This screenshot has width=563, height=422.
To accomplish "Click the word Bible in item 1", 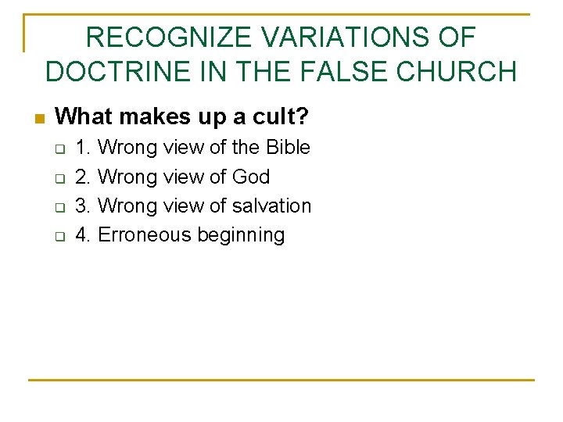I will tap(288, 147).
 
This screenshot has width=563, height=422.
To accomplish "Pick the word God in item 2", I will tap(251, 177).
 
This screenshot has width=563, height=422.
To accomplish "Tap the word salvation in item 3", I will tap(272, 206).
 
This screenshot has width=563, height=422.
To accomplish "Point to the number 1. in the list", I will tap(83, 147).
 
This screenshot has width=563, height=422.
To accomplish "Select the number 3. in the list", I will tap(83, 206).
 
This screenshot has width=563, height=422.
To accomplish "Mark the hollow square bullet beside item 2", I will tap(57, 178).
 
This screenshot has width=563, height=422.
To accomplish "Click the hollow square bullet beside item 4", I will tap(57, 236).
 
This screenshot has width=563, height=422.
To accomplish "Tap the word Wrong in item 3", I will tap(127, 206).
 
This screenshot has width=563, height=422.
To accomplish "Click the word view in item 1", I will tap(183, 147).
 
